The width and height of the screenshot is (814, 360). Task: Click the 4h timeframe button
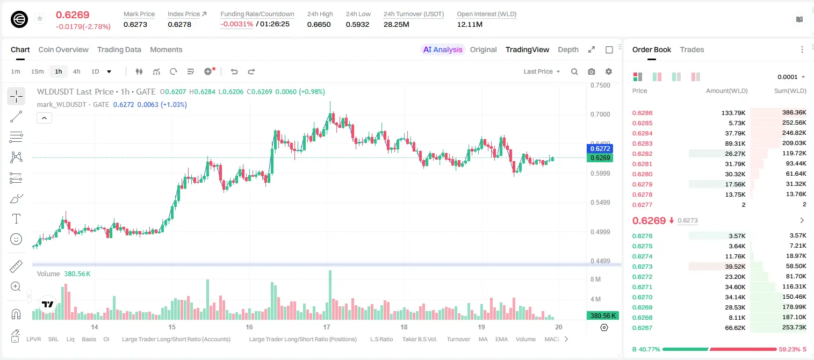coord(76,71)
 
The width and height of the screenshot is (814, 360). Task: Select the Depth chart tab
coord(568,50)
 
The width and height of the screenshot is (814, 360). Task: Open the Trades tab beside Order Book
coord(692,50)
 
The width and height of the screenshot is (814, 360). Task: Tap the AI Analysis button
coord(443,50)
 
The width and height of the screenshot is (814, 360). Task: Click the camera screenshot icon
coord(592,71)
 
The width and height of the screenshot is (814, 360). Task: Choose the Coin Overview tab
coord(63,50)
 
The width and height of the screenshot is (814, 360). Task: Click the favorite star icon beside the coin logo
coord(40,18)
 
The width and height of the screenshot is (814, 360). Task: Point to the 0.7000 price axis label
coord(600,114)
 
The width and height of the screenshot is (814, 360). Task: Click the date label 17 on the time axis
coord(327,327)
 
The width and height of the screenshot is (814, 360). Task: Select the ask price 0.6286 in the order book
coord(642,113)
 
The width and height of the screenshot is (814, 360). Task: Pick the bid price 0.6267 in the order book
coord(642,328)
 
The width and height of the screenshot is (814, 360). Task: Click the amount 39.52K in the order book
coord(735,267)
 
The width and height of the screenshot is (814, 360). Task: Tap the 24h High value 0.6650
coord(319,24)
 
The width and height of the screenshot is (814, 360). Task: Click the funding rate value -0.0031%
coord(236,24)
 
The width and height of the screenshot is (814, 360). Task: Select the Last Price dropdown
coord(542,71)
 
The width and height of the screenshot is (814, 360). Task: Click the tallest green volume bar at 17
coord(330,295)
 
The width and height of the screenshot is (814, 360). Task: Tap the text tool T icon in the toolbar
coord(16,219)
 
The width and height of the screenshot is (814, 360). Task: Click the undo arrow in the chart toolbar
coord(234,71)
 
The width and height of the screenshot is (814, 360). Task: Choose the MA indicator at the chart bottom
coord(483,339)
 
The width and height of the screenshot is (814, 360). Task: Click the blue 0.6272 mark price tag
coord(600,149)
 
